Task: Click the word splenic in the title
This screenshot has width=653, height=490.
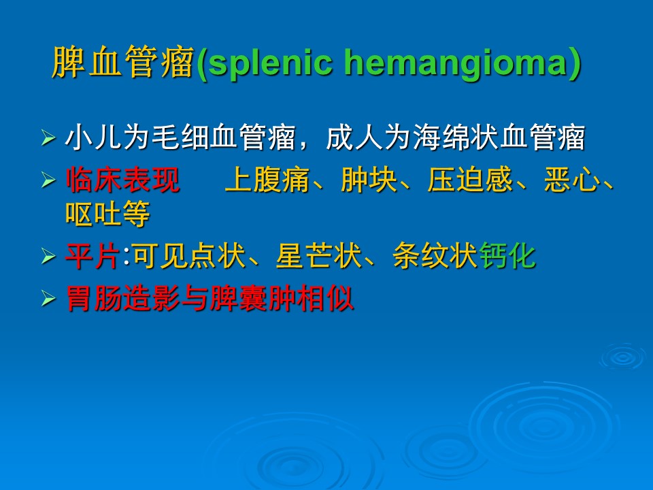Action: pyautogui.click(x=270, y=64)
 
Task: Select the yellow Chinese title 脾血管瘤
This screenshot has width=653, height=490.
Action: pyautogui.click(x=124, y=63)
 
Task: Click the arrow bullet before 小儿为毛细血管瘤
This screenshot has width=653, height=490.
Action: pyautogui.click(x=49, y=137)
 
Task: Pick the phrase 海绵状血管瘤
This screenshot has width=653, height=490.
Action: pyautogui.click(x=499, y=137)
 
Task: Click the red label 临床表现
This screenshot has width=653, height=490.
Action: pyautogui.click(x=123, y=180)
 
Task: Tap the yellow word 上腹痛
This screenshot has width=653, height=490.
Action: pyautogui.click(x=267, y=180)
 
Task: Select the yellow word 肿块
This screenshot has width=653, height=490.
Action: pyautogui.click(x=369, y=180)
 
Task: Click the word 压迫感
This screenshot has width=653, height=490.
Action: pyautogui.click(x=470, y=180)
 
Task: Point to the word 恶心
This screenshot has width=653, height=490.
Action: pyautogui.click(x=572, y=180)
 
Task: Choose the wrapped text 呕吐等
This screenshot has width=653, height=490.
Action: pyautogui.click(x=108, y=214)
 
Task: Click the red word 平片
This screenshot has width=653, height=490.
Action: pyautogui.click(x=93, y=256)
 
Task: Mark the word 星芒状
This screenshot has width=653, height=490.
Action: pyautogui.click(x=318, y=256)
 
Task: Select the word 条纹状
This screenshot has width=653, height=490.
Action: pyautogui.click(x=435, y=256)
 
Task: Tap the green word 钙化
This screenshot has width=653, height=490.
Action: pyautogui.click(x=507, y=256)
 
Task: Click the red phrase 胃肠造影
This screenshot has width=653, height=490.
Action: pyautogui.click(x=123, y=298)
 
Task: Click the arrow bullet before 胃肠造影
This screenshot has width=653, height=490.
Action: pyautogui.click(x=49, y=299)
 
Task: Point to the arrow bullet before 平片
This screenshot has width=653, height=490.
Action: pyautogui.click(x=49, y=257)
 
